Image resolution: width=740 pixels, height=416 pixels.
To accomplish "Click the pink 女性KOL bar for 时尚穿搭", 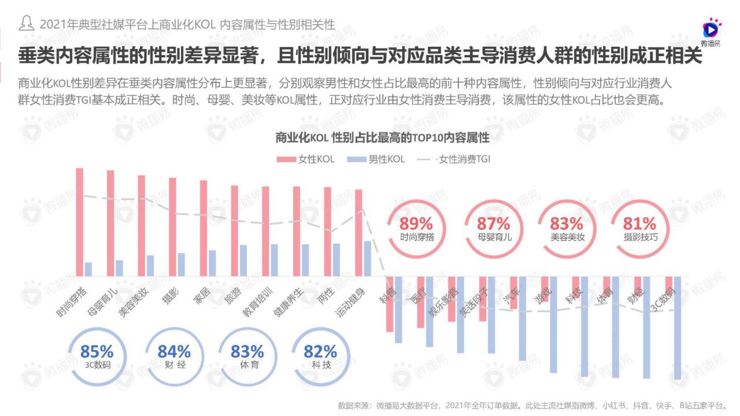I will pos(80,222).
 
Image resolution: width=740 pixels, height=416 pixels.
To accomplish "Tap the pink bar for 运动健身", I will pos(358,233).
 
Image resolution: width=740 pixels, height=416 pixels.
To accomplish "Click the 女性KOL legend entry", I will pos(306,159).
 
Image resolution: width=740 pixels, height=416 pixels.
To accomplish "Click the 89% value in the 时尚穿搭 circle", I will pos(416,223).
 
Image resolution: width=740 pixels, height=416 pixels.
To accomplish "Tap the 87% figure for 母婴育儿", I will pos(493,223).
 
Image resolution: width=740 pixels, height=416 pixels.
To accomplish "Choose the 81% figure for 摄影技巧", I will pos(639,223).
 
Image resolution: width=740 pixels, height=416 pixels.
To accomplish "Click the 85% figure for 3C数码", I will pos(97,351).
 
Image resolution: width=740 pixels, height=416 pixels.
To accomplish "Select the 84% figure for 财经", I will pos(174,351).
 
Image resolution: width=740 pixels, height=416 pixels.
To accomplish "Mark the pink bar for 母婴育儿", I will pos(110,224).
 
